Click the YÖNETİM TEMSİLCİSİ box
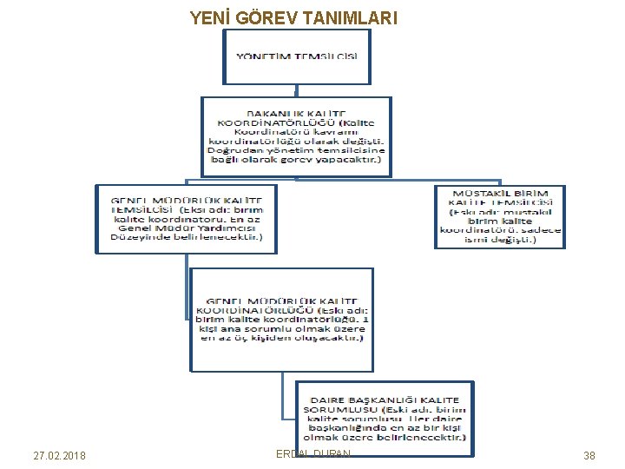point(296,56)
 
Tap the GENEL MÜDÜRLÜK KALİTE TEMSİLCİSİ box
point(186,218)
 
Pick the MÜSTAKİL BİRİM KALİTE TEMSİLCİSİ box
point(499,216)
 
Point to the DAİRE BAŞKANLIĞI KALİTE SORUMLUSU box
point(385,419)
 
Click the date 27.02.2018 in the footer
point(59,456)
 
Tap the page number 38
point(589,456)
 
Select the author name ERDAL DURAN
point(312,453)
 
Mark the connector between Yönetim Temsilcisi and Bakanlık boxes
point(296,89)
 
